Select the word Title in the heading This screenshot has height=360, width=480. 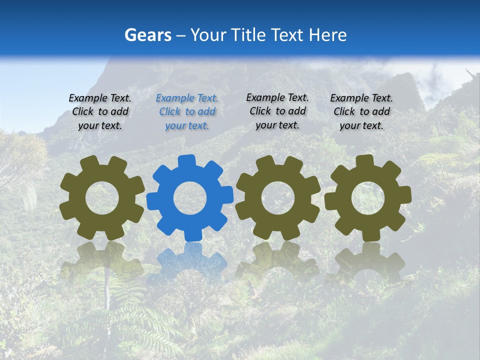[x=246, y=35]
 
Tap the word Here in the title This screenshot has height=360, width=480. [x=327, y=35]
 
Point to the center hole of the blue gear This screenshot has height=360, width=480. [x=190, y=198]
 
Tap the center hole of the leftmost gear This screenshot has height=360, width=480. [x=102, y=198]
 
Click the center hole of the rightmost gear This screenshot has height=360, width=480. [x=368, y=198]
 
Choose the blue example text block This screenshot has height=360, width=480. [x=187, y=112]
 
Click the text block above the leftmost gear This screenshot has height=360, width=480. [x=100, y=112]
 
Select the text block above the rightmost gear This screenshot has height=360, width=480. [x=361, y=112]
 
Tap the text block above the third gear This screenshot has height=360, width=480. [x=277, y=111]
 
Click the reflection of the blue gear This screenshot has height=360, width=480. [x=190, y=260]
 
